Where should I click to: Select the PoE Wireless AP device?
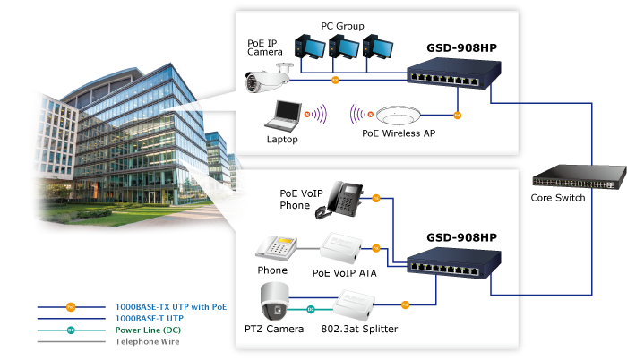pyautogui.click(x=399, y=117)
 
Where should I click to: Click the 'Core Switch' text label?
pyautogui.click(x=557, y=197)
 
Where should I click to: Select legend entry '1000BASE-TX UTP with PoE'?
pyautogui.click(x=171, y=306)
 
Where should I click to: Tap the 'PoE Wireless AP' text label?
pyautogui.click(x=399, y=134)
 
